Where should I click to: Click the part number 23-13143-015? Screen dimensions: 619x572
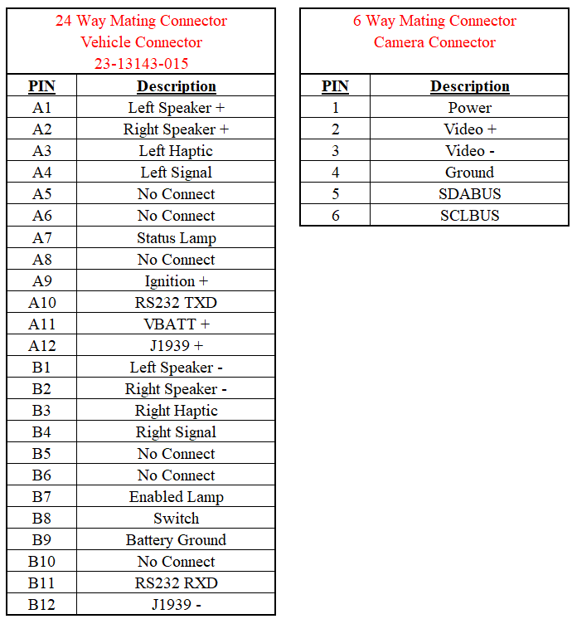coord(141,63)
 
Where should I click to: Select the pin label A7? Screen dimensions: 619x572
coord(41,237)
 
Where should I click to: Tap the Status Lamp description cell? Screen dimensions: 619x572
coord(176,237)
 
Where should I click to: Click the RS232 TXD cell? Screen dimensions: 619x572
coord(176,302)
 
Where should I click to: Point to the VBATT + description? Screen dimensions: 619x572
coord(176,324)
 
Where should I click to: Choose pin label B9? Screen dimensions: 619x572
coord(41,539)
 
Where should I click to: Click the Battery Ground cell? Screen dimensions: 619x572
coord(176,539)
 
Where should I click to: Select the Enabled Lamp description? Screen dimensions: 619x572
coord(176,496)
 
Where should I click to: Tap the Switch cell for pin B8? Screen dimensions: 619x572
coord(176,518)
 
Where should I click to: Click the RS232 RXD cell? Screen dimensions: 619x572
coord(176,582)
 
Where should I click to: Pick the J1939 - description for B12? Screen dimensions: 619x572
coord(176,604)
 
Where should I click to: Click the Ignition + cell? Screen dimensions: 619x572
coord(176,280)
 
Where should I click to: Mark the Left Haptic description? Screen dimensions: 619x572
coord(176,151)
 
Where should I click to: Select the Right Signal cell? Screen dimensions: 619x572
coord(176,431)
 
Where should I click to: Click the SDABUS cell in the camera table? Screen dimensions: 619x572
coord(469,194)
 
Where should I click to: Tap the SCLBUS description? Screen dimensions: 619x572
coord(469,216)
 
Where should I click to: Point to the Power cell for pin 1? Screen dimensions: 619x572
coord(469,108)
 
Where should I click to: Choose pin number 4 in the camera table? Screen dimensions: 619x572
coord(335,173)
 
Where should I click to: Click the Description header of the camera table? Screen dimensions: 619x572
coord(469,86)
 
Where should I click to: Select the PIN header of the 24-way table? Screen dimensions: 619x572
coord(41,86)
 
